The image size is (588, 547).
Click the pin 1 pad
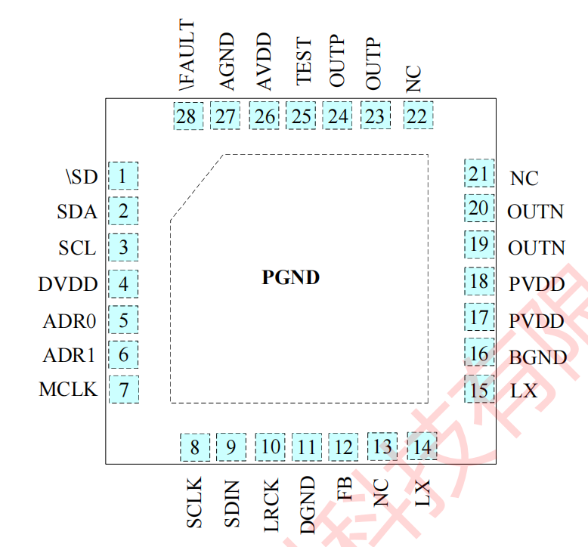coord(123,176)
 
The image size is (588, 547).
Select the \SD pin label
coord(80,177)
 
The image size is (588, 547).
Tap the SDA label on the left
coord(77,212)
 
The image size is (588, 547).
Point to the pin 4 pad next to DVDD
coord(123,285)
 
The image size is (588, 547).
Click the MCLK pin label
coord(68,389)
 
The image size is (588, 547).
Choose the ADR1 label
coord(70,354)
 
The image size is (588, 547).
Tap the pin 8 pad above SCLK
coord(194,447)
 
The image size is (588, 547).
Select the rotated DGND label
coord(306,505)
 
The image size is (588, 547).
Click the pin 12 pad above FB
coord(343,447)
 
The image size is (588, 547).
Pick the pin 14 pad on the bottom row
coord(422,446)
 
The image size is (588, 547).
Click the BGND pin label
coord(537,357)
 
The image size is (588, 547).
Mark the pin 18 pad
coord(479,283)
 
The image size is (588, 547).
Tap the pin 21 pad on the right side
coord(479,174)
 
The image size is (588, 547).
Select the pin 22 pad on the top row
coord(417,116)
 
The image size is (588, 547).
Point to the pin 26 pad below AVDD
coord(265,116)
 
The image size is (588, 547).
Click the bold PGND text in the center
coord(291,277)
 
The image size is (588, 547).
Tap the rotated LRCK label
coord(271,505)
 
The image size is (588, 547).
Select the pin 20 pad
coord(479,209)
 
